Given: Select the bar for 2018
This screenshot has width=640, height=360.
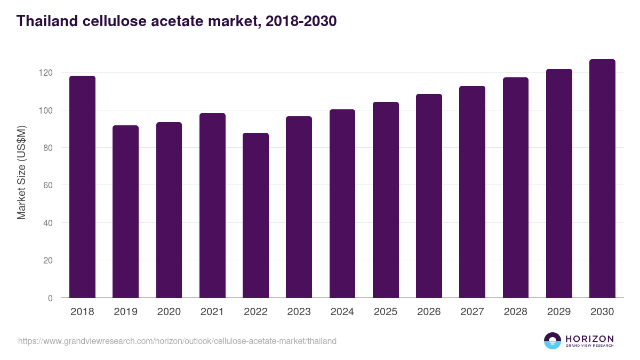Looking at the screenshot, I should [x=82, y=187].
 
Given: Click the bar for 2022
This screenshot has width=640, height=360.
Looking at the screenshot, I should [x=255, y=215].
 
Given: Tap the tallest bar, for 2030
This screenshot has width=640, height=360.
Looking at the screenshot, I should [x=602, y=179].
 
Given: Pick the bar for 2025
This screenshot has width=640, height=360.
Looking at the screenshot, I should [x=386, y=200].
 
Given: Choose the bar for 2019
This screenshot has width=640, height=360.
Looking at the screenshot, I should [x=125, y=212].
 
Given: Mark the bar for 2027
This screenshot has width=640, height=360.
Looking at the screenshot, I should [x=472, y=192].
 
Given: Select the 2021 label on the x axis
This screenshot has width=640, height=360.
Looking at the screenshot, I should [x=212, y=312].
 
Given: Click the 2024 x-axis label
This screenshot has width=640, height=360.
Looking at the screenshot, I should [x=342, y=312].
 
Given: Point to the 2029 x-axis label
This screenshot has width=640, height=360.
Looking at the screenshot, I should [x=559, y=312].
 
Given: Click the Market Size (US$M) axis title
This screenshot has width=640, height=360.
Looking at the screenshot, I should [x=21, y=172].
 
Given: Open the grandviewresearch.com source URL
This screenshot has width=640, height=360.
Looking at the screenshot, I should [x=177, y=341].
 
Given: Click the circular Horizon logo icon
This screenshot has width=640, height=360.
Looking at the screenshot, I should [x=553, y=341].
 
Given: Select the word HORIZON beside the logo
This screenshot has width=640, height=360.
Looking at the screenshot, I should [x=589, y=338].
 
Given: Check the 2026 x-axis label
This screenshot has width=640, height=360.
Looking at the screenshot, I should [x=429, y=312].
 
